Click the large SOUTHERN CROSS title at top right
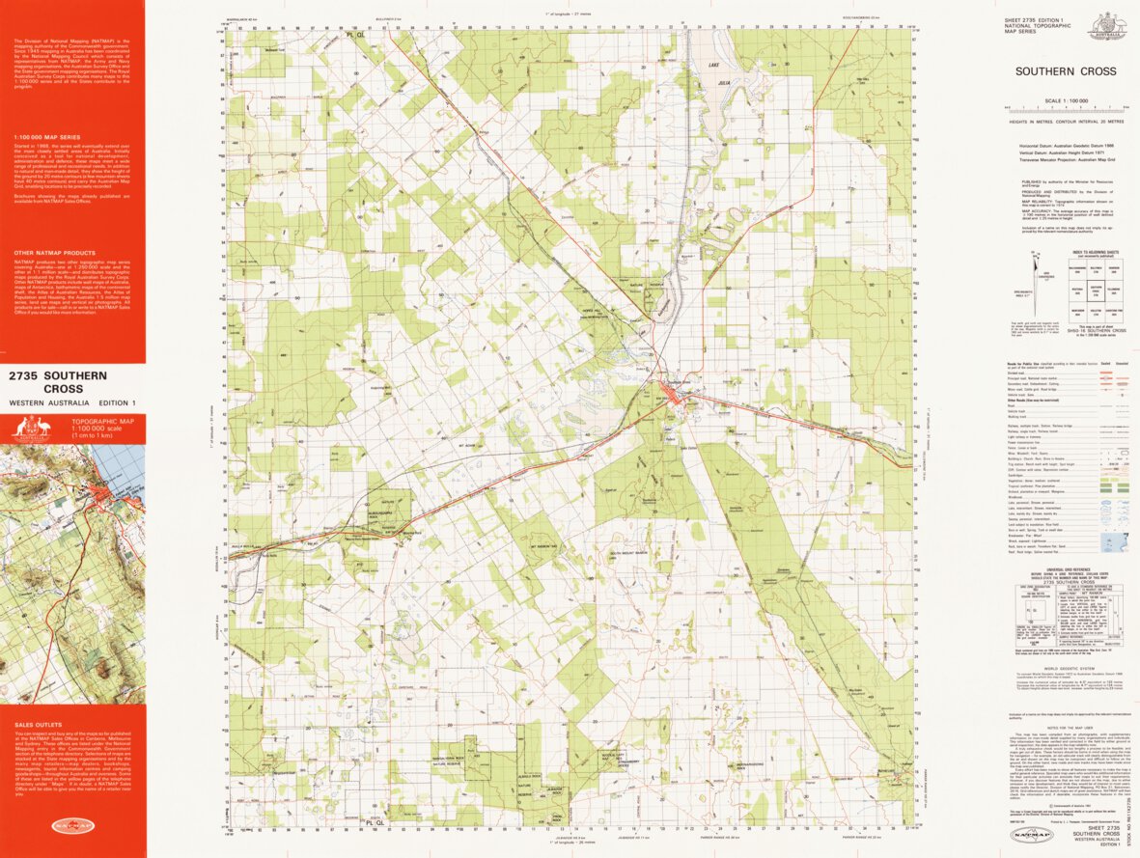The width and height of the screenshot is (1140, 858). pyautogui.click(x=1065, y=71)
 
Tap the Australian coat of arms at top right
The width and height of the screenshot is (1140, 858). pyautogui.click(x=1106, y=26)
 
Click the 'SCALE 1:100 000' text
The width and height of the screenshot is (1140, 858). pyautogui.click(x=1065, y=100)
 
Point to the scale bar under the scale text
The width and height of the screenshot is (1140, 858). pyautogui.click(x=1065, y=108)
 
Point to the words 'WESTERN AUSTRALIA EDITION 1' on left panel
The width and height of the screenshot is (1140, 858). pyautogui.click(x=67, y=402)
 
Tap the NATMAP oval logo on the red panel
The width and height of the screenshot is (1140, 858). pyautogui.click(x=72, y=826)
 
